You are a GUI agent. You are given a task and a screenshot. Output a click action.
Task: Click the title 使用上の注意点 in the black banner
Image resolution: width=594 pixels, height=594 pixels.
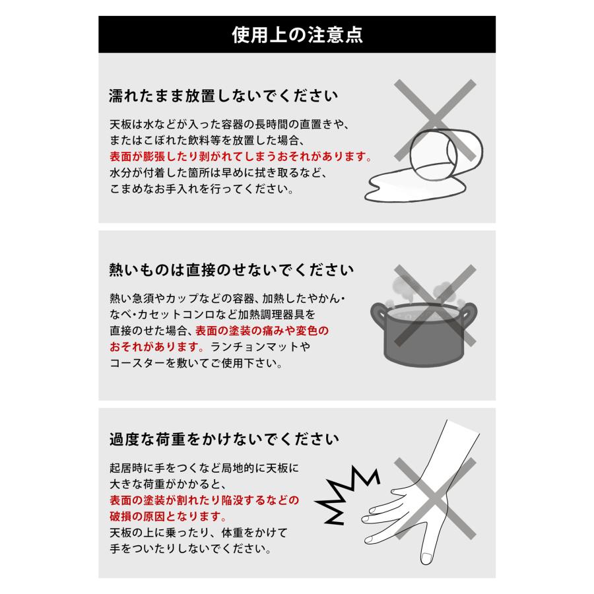coord(296,34)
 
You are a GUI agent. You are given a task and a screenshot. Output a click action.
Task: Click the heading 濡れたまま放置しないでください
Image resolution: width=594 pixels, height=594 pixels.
coord(222,96)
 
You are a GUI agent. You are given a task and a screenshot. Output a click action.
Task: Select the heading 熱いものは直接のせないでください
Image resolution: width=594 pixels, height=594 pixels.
coord(231,270)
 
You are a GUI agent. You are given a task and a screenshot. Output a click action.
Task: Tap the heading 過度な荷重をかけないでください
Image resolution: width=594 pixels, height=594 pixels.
coord(224,438)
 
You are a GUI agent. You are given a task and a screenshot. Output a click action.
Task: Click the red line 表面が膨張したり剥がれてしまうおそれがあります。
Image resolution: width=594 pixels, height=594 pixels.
coord(241,158)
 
